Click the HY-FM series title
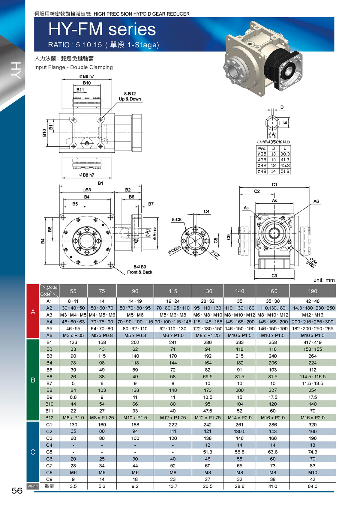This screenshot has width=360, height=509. click(102, 29)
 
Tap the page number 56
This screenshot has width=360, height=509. click(17, 491)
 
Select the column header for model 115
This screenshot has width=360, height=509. click(173, 291)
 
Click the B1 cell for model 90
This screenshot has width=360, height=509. click(135, 342)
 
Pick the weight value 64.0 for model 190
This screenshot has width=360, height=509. click(313, 486)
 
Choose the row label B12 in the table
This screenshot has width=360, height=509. click(49, 418)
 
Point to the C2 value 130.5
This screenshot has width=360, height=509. click(239, 431)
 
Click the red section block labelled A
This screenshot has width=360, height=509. click(33, 311)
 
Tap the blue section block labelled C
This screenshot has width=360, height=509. click(33, 452)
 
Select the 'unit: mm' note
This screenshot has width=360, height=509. click(324, 280)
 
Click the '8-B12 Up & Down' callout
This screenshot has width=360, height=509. click(130, 96)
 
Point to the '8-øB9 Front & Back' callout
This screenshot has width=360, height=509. click(139, 270)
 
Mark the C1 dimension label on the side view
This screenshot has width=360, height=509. click(274, 184)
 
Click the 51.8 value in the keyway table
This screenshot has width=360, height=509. click(285, 171)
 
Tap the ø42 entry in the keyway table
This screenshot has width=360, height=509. click(262, 166)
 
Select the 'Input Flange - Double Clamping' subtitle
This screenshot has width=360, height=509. click(73, 67)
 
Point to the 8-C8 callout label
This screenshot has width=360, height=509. click(177, 220)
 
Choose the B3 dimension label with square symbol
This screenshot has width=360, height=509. click(87, 190)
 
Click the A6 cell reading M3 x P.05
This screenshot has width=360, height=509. click(73, 335)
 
